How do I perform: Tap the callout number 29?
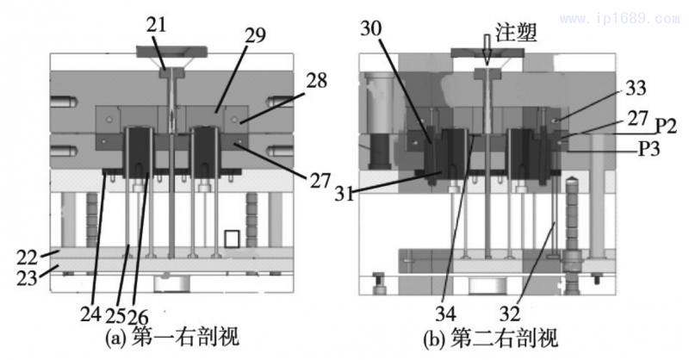(255, 35)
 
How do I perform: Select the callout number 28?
(317, 81)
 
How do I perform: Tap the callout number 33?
(636, 88)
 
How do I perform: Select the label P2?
(664, 127)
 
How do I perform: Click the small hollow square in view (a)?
(232, 239)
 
